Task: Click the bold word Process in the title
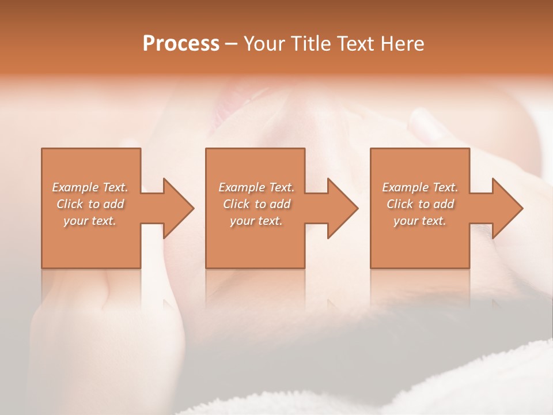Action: [181, 44]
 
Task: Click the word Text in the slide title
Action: [356, 44]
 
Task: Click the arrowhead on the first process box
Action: [177, 208]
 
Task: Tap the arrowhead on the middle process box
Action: [342, 208]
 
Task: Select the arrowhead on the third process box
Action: [507, 208]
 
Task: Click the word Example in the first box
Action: [75, 187]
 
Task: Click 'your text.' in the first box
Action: [90, 221]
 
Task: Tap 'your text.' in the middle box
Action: [256, 221]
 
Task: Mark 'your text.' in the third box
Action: [420, 221]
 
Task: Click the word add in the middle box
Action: [280, 204]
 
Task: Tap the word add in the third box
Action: [444, 204]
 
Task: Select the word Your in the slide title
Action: [264, 44]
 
